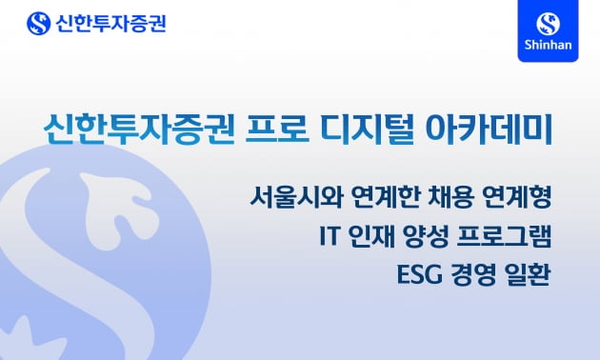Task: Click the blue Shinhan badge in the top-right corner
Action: click(x=549, y=31)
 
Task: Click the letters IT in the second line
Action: click(x=330, y=236)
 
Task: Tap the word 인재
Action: click(x=372, y=236)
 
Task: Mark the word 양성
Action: click(x=424, y=236)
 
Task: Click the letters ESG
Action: click(x=416, y=273)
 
